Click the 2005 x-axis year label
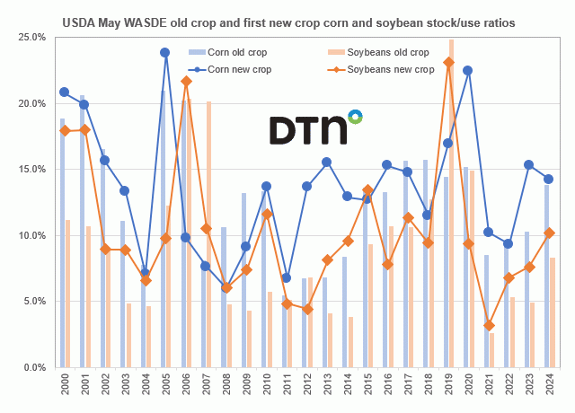point(165,389)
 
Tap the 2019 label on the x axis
point(448,389)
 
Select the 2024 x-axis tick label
point(549,389)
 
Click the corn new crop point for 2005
point(165,53)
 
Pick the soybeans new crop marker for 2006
point(186,82)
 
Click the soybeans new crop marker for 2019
point(448,63)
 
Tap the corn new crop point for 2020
point(468,70)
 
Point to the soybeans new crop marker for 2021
point(489,325)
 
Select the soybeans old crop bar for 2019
point(451,203)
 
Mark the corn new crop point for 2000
point(64,92)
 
